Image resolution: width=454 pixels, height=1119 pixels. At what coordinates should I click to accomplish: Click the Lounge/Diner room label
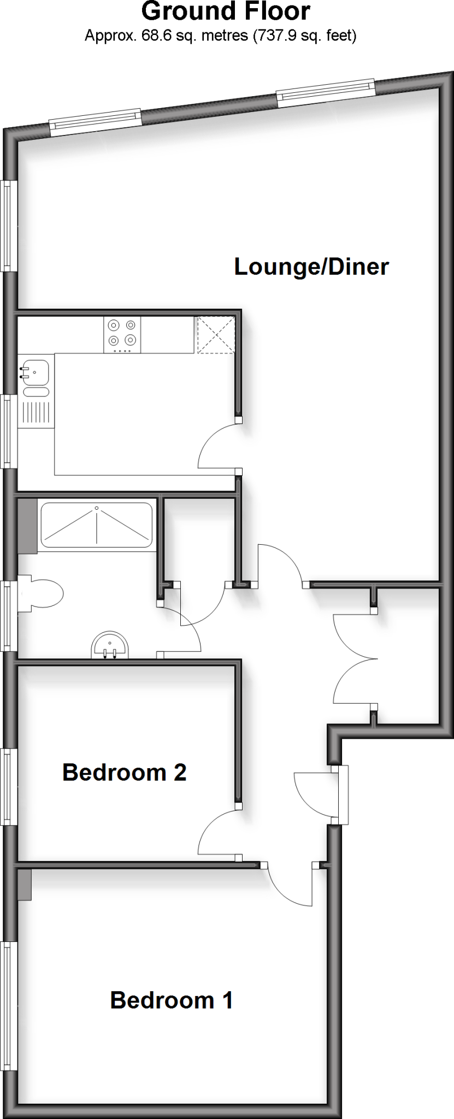coord(311,267)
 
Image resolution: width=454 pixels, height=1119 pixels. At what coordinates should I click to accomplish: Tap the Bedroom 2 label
coord(125,773)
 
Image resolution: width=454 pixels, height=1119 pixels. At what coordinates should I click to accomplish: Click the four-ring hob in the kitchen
coord(122,334)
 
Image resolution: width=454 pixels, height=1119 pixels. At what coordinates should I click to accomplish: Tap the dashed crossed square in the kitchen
coord(216,334)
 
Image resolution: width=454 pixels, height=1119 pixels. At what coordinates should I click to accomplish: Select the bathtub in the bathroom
coord(96,525)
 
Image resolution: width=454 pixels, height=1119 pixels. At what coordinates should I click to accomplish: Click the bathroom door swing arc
coord(186,628)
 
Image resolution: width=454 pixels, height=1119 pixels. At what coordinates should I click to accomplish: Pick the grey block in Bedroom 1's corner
coord(25,885)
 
